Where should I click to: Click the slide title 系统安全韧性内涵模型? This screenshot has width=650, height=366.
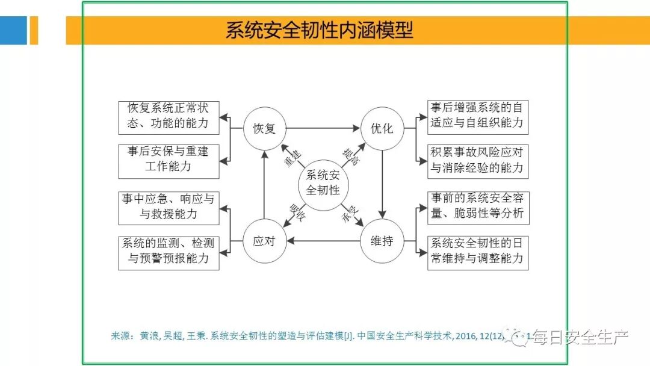320,30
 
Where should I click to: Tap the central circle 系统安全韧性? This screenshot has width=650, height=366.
323,183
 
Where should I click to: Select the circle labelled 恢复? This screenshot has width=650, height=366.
264,128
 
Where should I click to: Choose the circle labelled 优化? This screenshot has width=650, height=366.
382,128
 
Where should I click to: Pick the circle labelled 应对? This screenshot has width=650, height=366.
264,241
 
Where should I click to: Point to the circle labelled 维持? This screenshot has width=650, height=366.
382,241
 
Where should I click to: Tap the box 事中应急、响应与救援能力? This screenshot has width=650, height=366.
168,206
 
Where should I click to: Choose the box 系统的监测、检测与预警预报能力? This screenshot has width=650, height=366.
168,252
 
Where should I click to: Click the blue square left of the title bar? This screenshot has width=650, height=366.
13,30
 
